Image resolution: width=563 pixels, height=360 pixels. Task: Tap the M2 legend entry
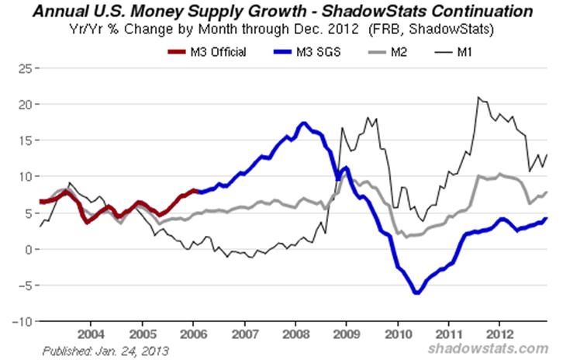tap(388, 52)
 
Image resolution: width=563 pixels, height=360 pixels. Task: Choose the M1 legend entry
tap(454, 52)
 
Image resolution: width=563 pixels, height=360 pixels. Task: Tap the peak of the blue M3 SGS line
tap(303, 123)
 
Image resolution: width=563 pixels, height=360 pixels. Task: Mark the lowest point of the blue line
tap(416, 293)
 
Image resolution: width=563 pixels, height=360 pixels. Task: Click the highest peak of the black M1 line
tap(478, 97)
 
